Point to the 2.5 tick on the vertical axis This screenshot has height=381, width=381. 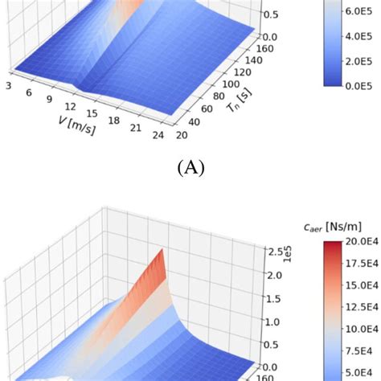tap(276, 251)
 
